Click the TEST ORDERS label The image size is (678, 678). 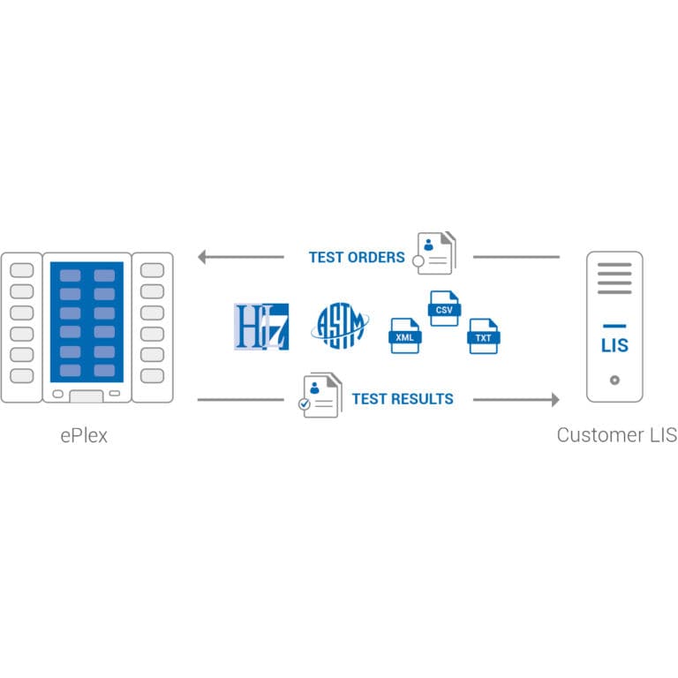(356, 258)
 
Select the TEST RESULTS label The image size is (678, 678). (403, 399)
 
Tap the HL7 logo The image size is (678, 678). (261, 327)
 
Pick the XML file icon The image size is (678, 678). (404, 335)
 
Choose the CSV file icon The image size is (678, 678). (444, 309)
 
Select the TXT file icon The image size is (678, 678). (484, 336)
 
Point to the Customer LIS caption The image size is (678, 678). (616, 436)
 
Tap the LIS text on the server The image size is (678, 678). (614, 345)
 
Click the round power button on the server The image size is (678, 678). (614, 380)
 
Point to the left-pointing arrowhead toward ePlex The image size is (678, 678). (202, 258)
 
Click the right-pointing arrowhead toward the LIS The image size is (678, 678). (554, 400)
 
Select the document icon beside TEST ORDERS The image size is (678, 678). (435, 253)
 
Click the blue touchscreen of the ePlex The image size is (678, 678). (87, 322)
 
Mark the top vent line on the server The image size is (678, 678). (614, 266)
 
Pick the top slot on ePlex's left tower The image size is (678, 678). (21, 270)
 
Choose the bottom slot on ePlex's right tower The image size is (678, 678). (152, 376)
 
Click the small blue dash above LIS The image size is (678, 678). (614, 327)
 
